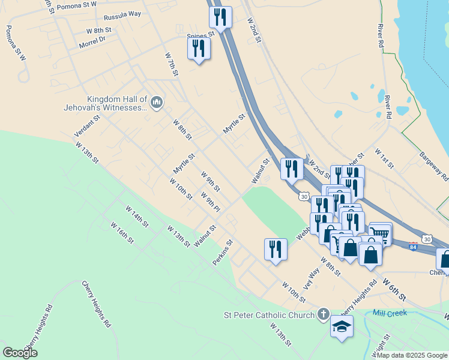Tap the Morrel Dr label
[92, 41]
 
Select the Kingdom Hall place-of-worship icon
[157, 103]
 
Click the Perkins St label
[222, 253]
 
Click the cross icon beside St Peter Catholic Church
[323, 314]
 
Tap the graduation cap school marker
[342, 326]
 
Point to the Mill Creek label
[390, 313]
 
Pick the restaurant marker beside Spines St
[199, 48]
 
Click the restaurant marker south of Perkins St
[276, 248]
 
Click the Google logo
[20, 352]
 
